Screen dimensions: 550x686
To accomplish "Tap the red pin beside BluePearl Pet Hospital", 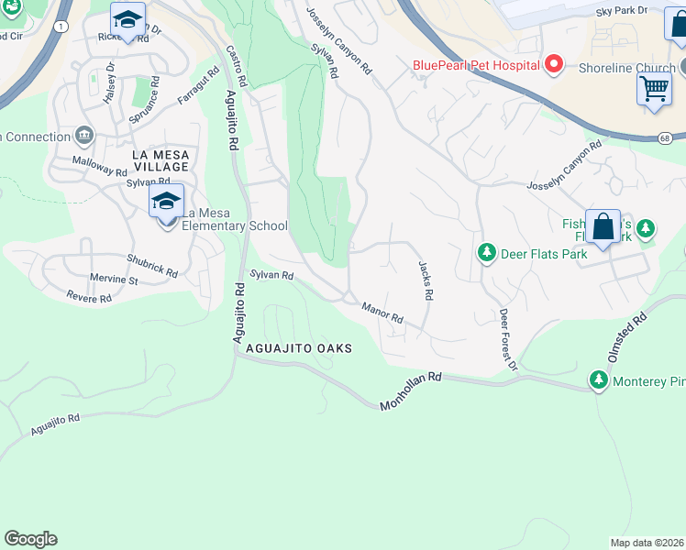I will tap(553, 64).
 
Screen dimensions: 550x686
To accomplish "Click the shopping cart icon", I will tap(654, 89).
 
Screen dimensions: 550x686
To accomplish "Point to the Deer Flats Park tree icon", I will tap(486, 251).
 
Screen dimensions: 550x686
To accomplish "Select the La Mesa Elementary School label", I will tap(233, 225).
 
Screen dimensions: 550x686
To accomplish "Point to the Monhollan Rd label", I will tap(411, 390).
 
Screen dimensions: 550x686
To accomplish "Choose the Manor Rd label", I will tap(382, 313).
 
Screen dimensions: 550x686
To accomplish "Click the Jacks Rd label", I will tap(426, 280).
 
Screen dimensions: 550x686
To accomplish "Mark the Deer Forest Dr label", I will tap(508, 339).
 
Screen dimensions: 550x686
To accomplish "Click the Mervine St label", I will tap(112, 280).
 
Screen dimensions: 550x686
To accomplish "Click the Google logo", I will tap(30, 539).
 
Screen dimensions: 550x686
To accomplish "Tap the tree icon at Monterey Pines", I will tap(599, 379).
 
